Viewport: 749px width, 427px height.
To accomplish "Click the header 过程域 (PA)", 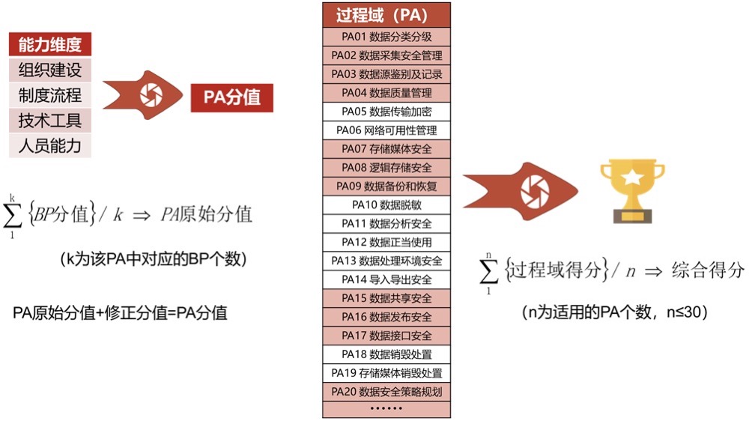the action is [x=386, y=15].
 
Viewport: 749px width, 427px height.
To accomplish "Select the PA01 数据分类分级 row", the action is [x=386, y=37].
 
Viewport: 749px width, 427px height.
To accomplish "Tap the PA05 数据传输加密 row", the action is [x=386, y=112].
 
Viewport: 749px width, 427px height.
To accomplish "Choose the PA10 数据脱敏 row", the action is [x=386, y=205].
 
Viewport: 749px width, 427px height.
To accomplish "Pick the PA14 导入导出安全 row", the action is [x=386, y=279].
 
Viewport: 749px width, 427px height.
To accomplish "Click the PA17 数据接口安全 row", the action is [x=386, y=336].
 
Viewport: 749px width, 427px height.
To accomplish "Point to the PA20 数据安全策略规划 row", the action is [x=386, y=392].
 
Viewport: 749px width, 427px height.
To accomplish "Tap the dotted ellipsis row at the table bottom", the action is [x=386, y=409].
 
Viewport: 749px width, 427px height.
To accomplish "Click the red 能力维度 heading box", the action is [x=50, y=44].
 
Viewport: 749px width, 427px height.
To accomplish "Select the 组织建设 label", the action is [x=50, y=70].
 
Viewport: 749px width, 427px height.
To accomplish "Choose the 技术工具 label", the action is [x=50, y=121].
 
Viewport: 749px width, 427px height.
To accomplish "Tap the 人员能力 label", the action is [x=50, y=145].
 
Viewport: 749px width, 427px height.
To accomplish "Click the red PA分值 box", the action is [x=232, y=98].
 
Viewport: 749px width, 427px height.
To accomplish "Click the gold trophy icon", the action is [x=632, y=191].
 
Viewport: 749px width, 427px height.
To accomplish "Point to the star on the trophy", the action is [x=632, y=177].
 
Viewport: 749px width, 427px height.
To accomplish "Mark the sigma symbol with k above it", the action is [x=13, y=216].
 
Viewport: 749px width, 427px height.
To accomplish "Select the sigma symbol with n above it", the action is [x=488, y=271].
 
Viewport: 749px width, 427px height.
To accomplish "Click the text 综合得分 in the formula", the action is [x=708, y=270].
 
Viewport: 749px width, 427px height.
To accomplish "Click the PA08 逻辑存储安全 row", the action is [x=386, y=168].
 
